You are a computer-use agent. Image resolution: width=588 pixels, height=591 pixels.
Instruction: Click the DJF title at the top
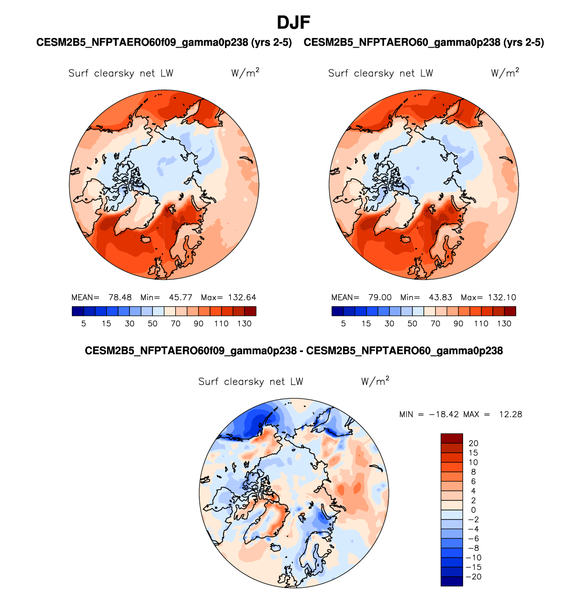pyautogui.click(x=294, y=22)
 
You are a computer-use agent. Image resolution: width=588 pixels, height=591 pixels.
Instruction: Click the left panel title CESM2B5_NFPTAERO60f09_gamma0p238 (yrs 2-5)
pyautogui.click(x=164, y=43)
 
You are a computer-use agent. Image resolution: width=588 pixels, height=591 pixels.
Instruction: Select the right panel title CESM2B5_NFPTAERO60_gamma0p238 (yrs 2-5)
pyautogui.click(x=424, y=43)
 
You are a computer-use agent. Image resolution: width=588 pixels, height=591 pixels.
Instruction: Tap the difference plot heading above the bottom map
pyautogui.click(x=294, y=351)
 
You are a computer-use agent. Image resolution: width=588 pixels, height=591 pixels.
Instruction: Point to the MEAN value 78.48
pyautogui.click(x=120, y=298)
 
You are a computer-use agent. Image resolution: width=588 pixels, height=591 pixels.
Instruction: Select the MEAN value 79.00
pyautogui.click(x=380, y=298)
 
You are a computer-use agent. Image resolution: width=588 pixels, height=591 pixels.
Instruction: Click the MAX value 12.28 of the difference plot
pyautogui.click(x=511, y=415)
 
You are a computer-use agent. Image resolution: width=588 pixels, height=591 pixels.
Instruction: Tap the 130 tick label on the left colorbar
pyautogui.click(x=244, y=324)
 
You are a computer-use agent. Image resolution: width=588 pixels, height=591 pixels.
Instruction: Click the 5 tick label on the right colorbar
pyautogui.click(x=343, y=324)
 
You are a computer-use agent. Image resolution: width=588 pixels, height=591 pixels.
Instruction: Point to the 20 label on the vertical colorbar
pyautogui.click(x=473, y=443)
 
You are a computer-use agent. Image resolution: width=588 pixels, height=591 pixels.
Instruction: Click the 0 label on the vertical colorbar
pyautogui.click(x=473, y=510)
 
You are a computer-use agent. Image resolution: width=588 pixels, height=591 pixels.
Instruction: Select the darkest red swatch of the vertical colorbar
pyautogui.click(x=452, y=439)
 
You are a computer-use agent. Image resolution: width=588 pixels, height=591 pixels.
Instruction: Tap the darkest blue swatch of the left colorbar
pyautogui.click(x=78, y=311)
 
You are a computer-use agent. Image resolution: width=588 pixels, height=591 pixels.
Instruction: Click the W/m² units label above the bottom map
pyautogui.click(x=375, y=381)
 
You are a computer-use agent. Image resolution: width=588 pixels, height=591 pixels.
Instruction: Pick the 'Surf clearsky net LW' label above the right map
pyautogui.click(x=380, y=73)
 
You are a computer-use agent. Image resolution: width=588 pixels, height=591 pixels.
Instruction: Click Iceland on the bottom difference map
pyautogui.click(x=275, y=547)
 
